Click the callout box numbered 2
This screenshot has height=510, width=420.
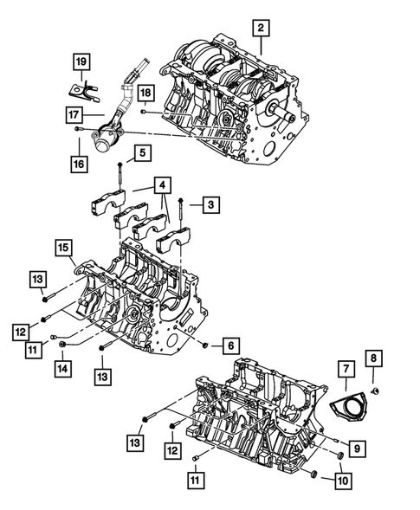click(x=259, y=28)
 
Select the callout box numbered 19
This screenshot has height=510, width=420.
click(x=80, y=61)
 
